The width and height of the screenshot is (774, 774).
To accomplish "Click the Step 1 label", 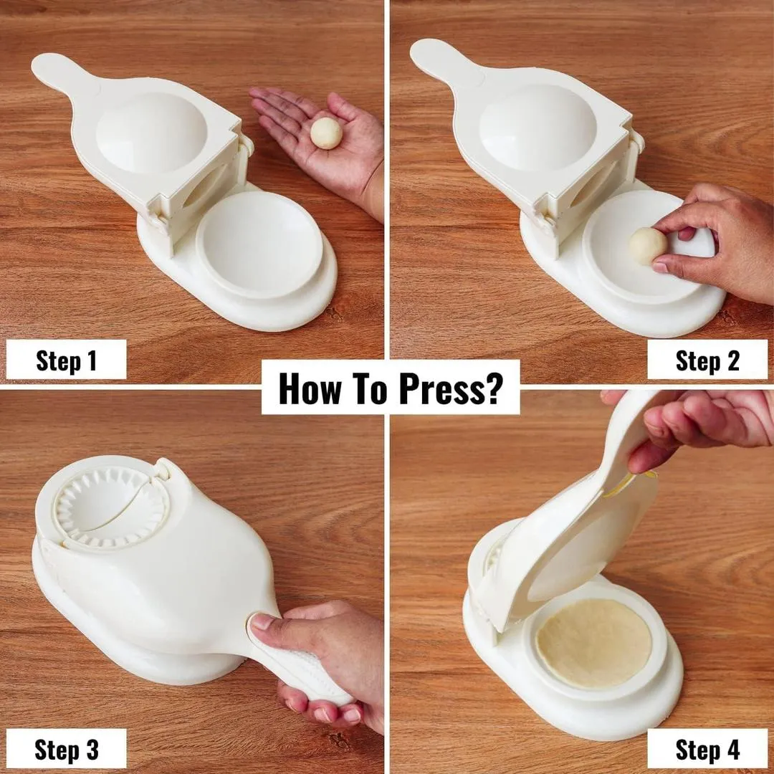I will (66, 360).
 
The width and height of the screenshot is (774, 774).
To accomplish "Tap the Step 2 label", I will (707, 360).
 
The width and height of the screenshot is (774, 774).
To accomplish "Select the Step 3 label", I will (66, 750).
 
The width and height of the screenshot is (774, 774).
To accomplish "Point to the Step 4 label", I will (707, 750).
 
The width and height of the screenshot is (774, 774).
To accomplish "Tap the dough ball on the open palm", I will (326, 133).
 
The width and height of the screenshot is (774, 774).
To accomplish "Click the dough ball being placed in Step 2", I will (647, 246).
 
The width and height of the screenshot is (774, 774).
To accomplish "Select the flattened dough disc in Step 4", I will (593, 644).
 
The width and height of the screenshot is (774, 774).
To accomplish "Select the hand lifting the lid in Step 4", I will (706, 423).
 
